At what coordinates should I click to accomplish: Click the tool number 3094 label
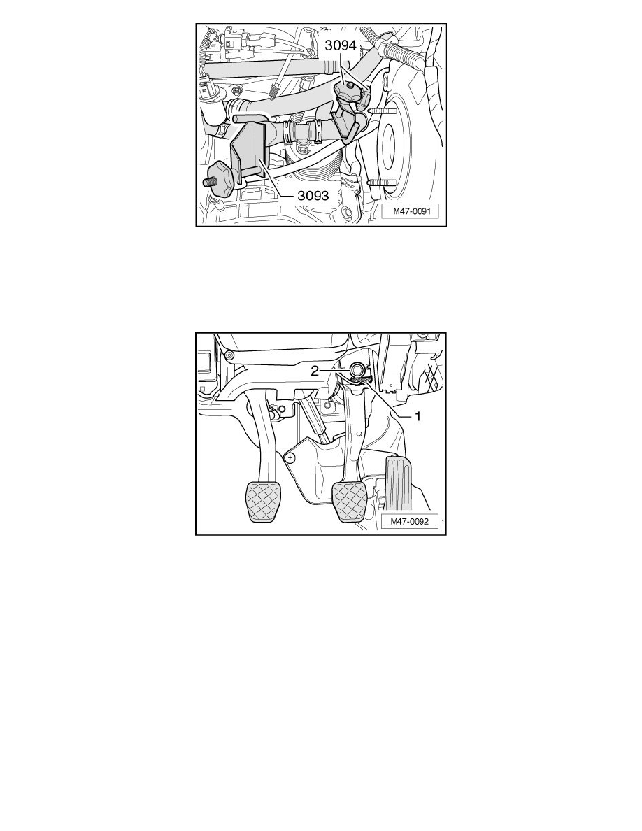341,45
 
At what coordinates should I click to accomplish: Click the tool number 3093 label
313,196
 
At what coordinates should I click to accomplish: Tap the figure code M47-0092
410,522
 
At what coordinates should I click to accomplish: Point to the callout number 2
315,371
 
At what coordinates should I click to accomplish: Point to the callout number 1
418,417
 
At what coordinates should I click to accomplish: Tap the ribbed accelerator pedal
397,481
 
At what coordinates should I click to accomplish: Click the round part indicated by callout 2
357,368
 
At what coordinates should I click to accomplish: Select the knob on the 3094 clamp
348,93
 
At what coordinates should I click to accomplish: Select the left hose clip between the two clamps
289,132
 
